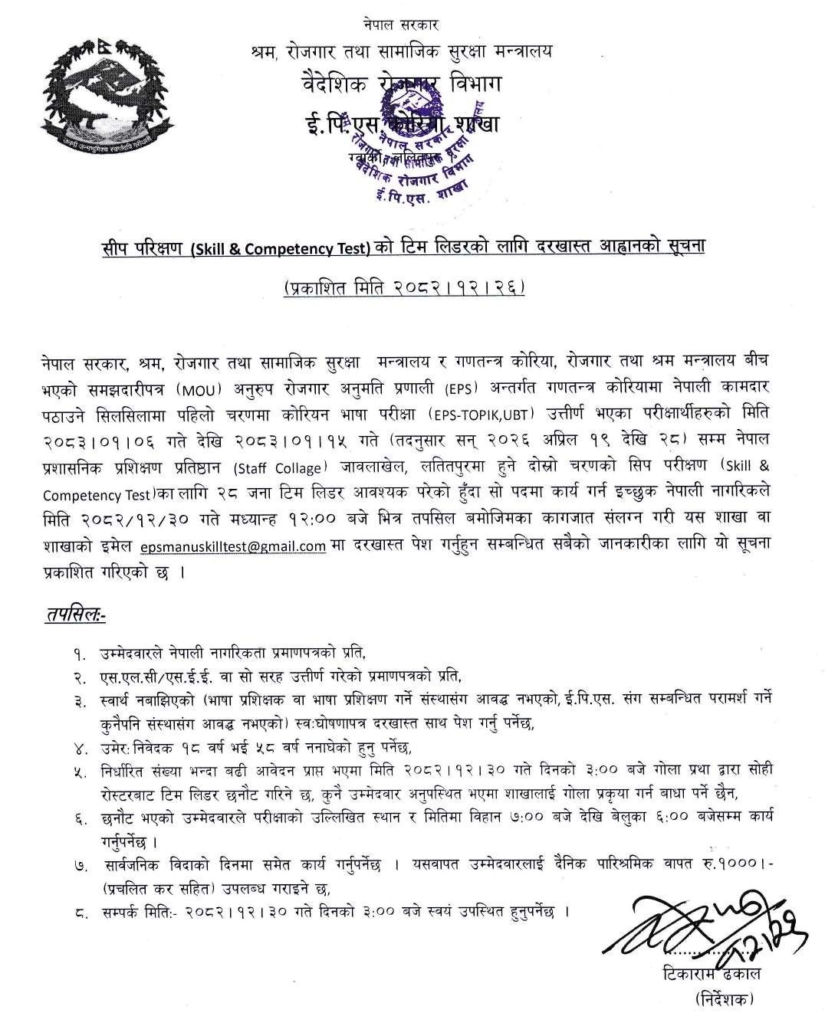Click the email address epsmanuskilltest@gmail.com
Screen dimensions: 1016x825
pos(234,546)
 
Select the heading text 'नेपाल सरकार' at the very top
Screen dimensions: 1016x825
pos(402,25)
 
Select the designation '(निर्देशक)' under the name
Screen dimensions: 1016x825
pos(725,998)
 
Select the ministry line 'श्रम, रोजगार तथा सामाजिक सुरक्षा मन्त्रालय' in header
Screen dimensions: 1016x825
pos(401,52)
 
